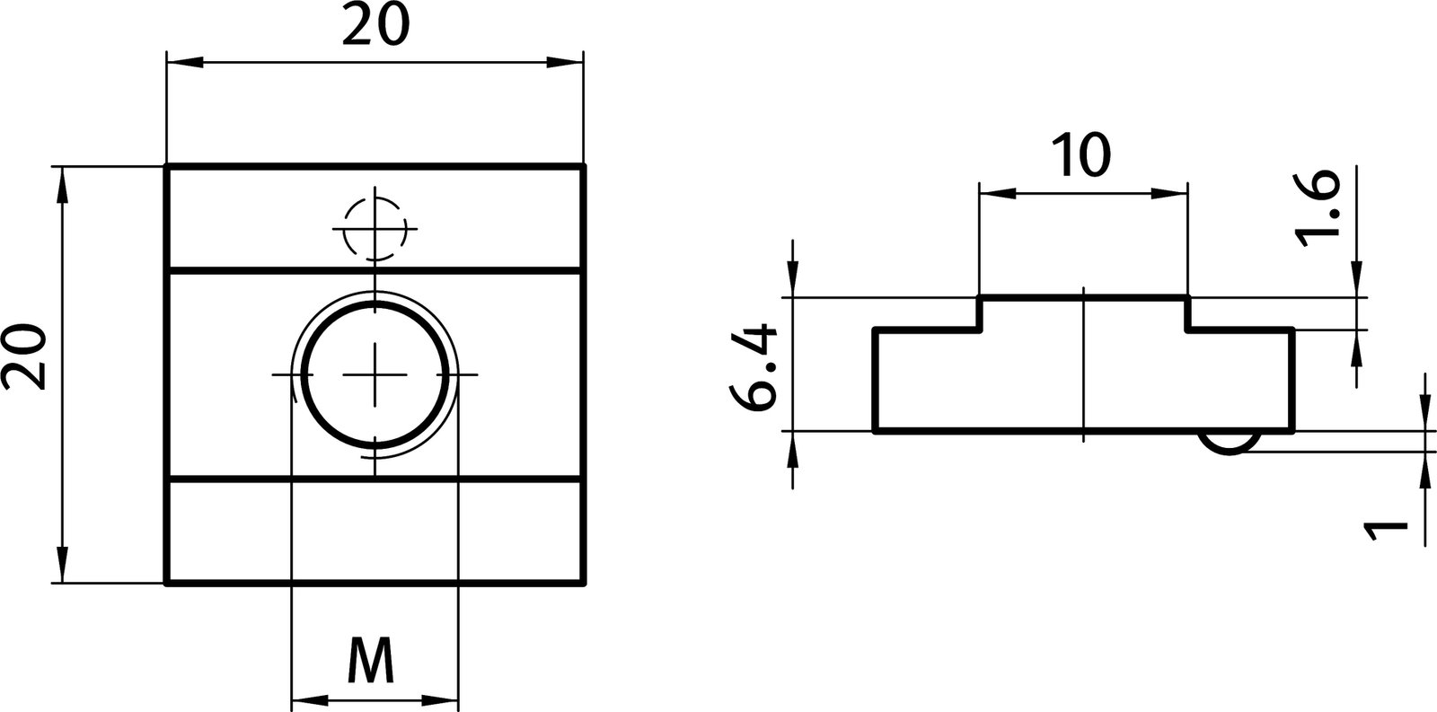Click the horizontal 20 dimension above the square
375,27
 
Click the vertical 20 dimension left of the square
24,356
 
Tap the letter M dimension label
372,663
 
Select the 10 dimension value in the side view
1082,155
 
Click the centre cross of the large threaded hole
375,374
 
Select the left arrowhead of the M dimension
309,700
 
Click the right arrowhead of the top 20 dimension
566,62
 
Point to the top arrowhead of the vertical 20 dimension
62,184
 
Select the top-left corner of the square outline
167,166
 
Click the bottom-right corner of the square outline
585,585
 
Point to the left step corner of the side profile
979,330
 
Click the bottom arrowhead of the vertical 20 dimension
62,566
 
